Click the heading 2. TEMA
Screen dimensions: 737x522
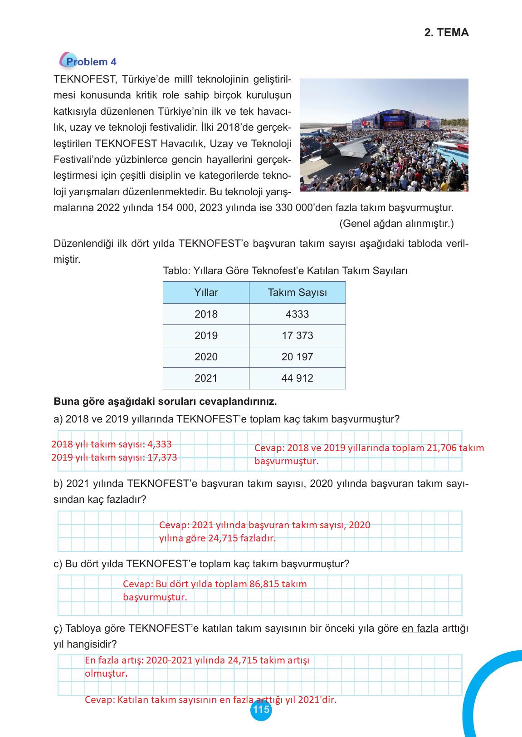coord(446,33)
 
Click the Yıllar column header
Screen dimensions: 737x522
coord(206,293)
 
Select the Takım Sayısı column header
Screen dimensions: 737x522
coord(297,293)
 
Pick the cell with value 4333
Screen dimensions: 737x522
coord(297,314)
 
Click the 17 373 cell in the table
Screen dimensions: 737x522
coord(297,335)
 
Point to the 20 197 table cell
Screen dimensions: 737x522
coord(297,357)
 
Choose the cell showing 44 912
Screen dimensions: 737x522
coord(297,378)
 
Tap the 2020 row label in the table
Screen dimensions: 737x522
coord(206,357)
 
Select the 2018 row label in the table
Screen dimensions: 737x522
coord(206,314)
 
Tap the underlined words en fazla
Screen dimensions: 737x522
coord(420,629)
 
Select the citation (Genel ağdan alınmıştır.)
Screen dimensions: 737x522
coord(396,224)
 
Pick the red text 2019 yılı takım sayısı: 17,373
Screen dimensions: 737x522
coord(114,457)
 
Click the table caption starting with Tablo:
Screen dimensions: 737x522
coord(285,271)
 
